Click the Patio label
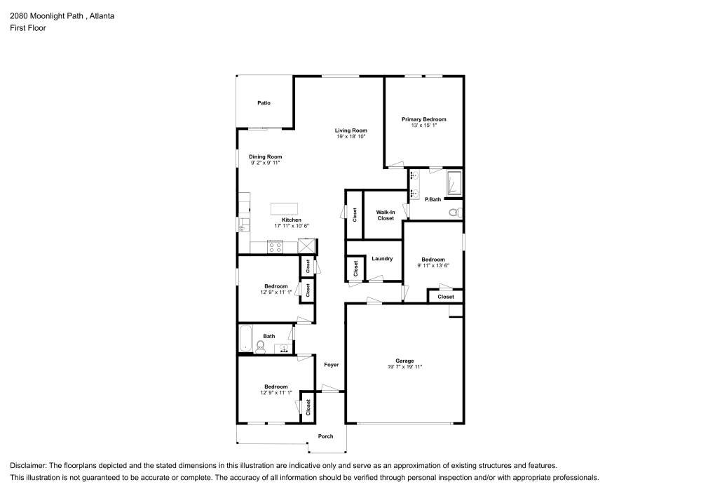click(x=264, y=103)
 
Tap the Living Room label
click(x=351, y=130)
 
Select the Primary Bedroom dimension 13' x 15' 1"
click(x=424, y=126)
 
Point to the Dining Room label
click(x=266, y=156)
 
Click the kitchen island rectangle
click(x=285, y=209)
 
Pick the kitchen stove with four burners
click(x=275, y=247)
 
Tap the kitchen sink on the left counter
click(x=243, y=224)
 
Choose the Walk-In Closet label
click(x=386, y=215)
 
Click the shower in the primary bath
click(x=454, y=183)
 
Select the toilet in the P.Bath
click(x=456, y=213)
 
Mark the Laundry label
click(x=382, y=258)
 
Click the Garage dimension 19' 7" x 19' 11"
click(x=404, y=367)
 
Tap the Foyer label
click(x=332, y=365)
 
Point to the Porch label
click(x=325, y=436)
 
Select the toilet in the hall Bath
click(x=260, y=347)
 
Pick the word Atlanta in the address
click(x=102, y=16)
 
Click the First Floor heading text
click(x=28, y=28)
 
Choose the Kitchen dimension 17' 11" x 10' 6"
click(x=292, y=226)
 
